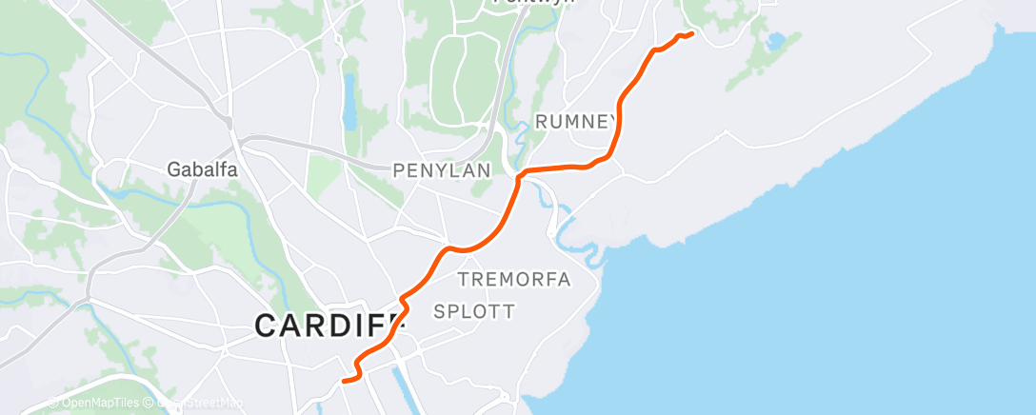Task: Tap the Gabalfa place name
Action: point(202,169)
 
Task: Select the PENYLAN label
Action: point(442,170)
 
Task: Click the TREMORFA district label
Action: point(514,279)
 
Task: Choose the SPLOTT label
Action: point(474,311)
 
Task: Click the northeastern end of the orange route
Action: point(690,34)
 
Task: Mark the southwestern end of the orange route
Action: point(343,380)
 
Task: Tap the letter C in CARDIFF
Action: point(267,326)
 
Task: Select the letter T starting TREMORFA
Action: point(464,279)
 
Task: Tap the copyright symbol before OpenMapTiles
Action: point(54,403)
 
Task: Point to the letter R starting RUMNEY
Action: point(542,121)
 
